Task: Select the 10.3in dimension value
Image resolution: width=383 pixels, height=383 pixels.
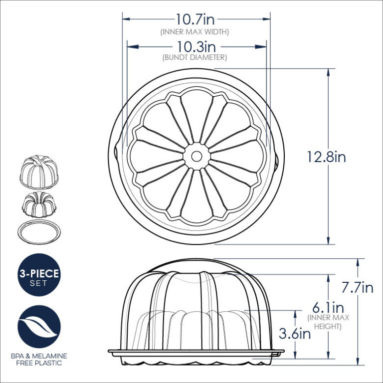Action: coord(195,47)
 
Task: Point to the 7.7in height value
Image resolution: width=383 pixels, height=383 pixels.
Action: coord(357,288)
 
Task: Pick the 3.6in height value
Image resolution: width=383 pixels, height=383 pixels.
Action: coord(295,334)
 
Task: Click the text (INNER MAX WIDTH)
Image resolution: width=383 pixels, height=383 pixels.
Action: coord(194,31)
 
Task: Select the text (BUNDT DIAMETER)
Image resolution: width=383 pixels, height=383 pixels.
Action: coord(195,58)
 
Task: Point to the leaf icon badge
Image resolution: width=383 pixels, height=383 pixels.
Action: coord(39,328)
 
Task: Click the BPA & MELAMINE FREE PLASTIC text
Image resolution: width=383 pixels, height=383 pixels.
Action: coord(39,360)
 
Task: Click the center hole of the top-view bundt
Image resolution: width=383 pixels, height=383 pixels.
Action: coord(195,156)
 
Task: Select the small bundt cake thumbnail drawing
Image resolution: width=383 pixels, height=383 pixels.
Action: coord(39,202)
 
